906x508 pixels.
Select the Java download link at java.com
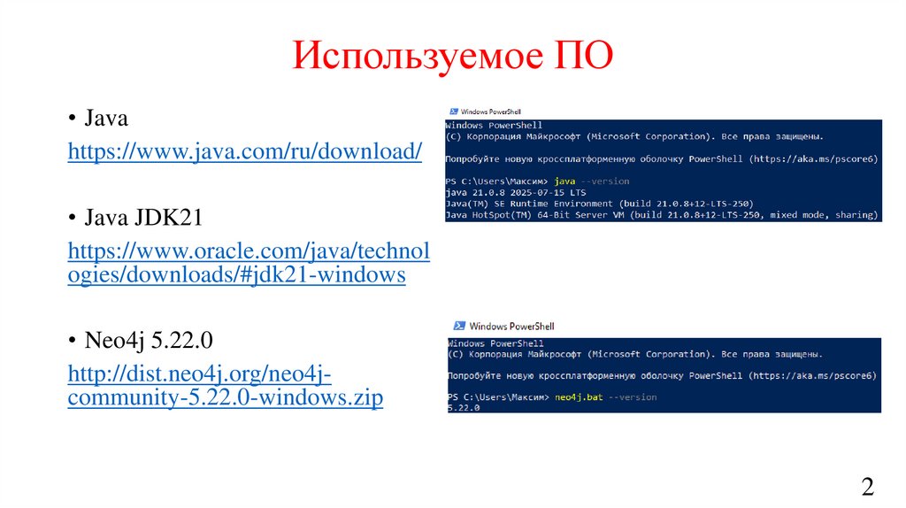click(x=245, y=151)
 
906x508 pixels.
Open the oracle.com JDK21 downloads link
click(x=249, y=263)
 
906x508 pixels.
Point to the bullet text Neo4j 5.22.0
click(x=149, y=340)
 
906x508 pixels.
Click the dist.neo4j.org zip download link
click(x=226, y=386)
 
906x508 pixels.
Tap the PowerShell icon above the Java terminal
click(x=453, y=112)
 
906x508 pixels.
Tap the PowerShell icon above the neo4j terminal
click(x=458, y=326)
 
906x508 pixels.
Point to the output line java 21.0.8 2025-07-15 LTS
click(x=516, y=192)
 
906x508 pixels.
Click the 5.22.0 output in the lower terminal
click(x=464, y=409)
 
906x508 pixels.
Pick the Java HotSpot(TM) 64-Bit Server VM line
click(x=662, y=215)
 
